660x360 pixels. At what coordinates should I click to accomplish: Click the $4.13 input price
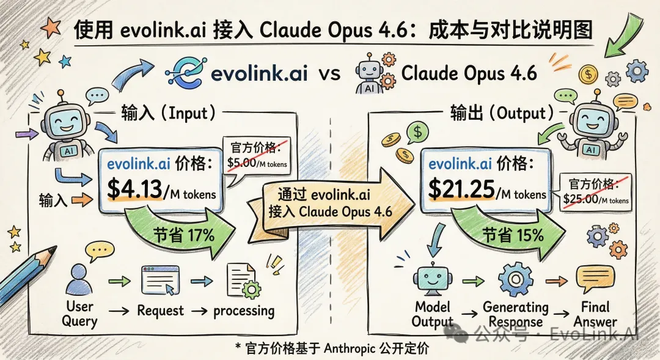(x=134, y=189)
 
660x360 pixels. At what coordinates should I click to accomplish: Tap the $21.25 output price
(x=461, y=188)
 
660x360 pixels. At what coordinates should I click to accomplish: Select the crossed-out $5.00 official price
(x=242, y=163)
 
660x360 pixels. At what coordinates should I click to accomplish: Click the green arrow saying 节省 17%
(x=181, y=232)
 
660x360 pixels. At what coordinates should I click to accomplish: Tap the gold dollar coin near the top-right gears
(x=588, y=75)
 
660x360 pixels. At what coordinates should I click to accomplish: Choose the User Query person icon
(x=78, y=279)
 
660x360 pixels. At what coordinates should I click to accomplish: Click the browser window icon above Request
(x=160, y=280)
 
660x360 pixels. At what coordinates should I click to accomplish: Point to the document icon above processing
(x=243, y=281)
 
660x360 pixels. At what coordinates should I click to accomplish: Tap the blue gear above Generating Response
(x=515, y=279)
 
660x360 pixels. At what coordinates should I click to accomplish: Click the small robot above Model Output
(x=432, y=278)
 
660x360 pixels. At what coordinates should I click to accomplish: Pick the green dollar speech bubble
(x=417, y=133)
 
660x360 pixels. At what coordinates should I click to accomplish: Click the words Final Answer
(x=595, y=314)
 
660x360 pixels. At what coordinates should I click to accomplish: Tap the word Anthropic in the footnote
(x=350, y=348)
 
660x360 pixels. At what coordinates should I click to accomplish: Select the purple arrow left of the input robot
(x=26, y=134)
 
